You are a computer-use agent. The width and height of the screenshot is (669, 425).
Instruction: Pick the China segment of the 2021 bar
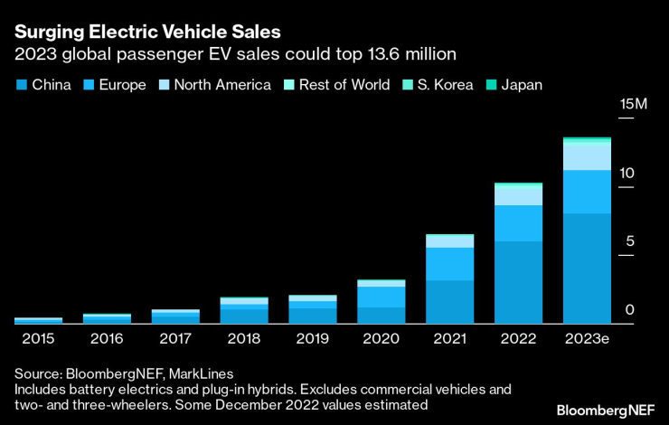(x=449, y=301)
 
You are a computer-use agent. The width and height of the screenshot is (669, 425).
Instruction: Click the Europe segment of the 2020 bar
(x=381, y=297)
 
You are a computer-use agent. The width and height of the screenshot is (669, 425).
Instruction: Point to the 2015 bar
(x=38, y=320)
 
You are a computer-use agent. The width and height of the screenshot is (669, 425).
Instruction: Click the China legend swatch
(x=21, y=85)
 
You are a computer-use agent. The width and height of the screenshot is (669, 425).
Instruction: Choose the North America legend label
(x=222, y=85)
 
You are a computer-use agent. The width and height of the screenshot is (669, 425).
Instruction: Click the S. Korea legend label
(x=447, y=85)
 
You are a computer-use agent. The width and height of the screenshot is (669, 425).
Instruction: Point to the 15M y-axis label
(x=634, y=106)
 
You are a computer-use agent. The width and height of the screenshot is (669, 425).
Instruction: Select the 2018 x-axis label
(x=243, y=339)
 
